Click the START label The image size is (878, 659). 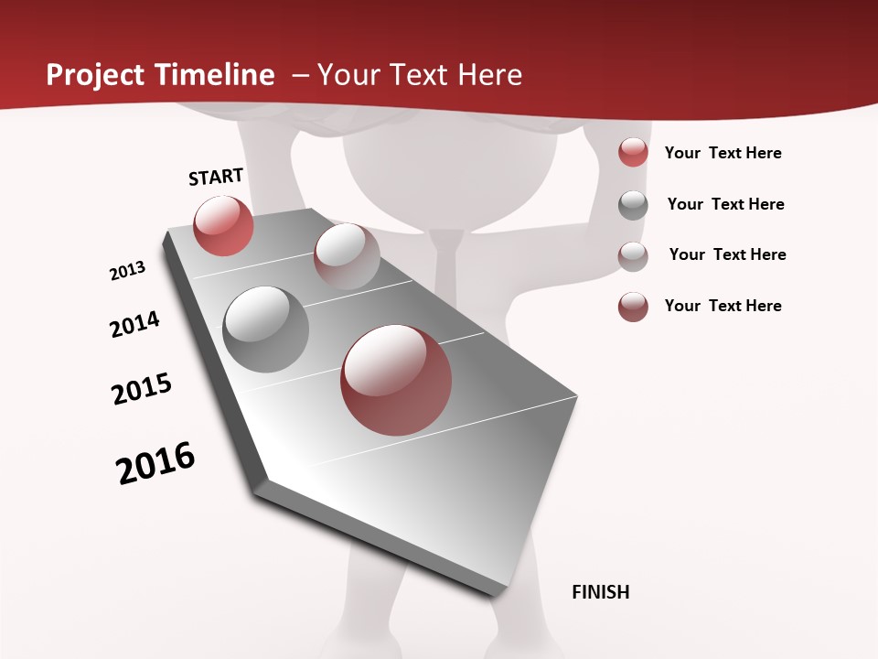click(x=216, y=177)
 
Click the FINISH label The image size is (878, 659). click(x=600, y=592)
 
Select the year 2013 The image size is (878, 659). click(x=127, y=271)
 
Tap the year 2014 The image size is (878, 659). click(x=134, y=324)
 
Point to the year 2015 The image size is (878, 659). click(x=142, y=389)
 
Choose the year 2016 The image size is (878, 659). click(x=155, y=463)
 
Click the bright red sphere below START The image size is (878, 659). click(x=223, y=226)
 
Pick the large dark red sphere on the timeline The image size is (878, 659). click(x=396, y=380)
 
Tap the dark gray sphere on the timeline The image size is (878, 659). click(x=266, y=329)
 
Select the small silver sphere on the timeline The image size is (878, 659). click(x=347, y=255)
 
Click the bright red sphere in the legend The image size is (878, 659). click(x=633, y=152)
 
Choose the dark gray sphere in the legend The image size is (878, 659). click(x=633, y=205)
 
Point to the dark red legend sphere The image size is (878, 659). click(x=633, y=307)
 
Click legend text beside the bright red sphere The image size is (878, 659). click(x=723, y=153)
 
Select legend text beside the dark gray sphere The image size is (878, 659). click(x=725, y=204)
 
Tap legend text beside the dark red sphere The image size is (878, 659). click(x=723, y=306)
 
